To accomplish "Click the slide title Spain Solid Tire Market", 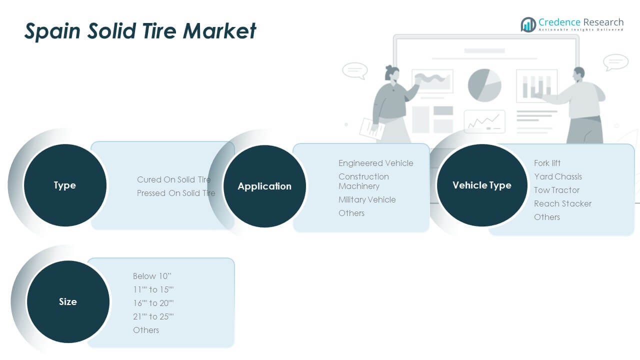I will [x=140, y=31].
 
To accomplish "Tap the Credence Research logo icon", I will [x=528, y=24].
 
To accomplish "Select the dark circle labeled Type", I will [x=65, y=185].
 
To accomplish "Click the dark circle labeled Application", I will [x=264, y=186].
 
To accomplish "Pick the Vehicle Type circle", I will [x=482, y=185].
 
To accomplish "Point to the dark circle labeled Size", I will [x=68, y=302].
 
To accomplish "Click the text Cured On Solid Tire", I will [x=174, y=179].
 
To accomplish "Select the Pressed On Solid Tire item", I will [x=176, y=193].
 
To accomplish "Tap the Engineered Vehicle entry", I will [x=376, y=163].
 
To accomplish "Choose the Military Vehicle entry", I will [x=367, y=199].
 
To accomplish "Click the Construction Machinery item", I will [x=363, y=181].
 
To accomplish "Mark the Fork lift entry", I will [x=547, y=163].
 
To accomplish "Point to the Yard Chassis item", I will [x=558, y=176].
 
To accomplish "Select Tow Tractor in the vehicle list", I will [x=556, y=190].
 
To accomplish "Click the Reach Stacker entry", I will [x=562, y=203].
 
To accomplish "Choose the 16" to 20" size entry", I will [x=153, y=303].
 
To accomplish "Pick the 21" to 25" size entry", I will [x=153, y=316].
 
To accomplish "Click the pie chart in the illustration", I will [x=484, y=85].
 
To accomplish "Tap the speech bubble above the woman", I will [x=354, y=70].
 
